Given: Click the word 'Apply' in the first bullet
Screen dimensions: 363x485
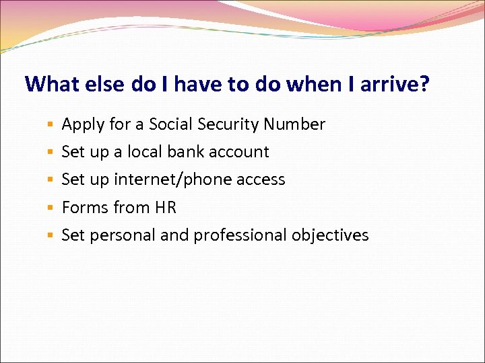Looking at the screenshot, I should tap(82, 125).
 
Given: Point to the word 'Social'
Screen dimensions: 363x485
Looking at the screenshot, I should tap(170, 124).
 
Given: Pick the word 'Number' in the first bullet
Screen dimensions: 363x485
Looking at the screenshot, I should tap(294, 124).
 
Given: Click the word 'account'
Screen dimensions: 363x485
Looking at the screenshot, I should tap(239, 153).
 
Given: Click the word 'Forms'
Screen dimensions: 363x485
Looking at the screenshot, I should tap(85, 208).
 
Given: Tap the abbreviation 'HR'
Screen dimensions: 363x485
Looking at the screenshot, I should tap(165, 208).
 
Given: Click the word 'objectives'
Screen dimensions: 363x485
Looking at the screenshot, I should tap(330, 235).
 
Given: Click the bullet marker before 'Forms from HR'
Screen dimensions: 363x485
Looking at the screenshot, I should tap(51, 208).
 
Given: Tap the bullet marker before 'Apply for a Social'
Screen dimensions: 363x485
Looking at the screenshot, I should tap(51, 125).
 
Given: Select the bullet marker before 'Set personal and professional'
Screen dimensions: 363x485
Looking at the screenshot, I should tap(51, 236).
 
